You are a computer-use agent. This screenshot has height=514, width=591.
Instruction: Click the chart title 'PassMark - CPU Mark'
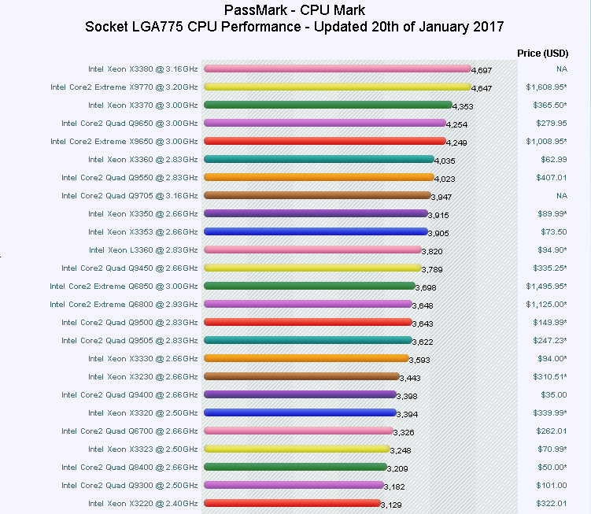pos(294,10)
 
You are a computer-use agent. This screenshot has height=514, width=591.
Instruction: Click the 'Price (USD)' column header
pos(542,53)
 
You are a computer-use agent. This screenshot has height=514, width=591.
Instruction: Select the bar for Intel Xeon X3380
pos(336,68)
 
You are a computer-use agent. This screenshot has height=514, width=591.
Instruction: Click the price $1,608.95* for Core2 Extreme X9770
pos(546,87)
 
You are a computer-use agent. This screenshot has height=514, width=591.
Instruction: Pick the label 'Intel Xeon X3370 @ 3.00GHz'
pos(142,105)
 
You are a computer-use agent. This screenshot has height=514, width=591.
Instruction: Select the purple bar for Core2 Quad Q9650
pos(324,123)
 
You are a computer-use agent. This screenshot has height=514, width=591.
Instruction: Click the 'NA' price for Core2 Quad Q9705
pos(561,195)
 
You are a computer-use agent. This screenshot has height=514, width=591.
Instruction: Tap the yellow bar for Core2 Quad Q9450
pos(312,268)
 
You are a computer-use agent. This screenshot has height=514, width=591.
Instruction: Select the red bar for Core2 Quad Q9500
pos(307,322)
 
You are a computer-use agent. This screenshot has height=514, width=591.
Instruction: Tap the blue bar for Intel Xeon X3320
pos(299,412)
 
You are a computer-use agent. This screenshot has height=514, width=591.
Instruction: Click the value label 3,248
pos(402,451)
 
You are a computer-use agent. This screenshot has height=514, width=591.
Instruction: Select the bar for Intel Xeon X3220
pos(291,503)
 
